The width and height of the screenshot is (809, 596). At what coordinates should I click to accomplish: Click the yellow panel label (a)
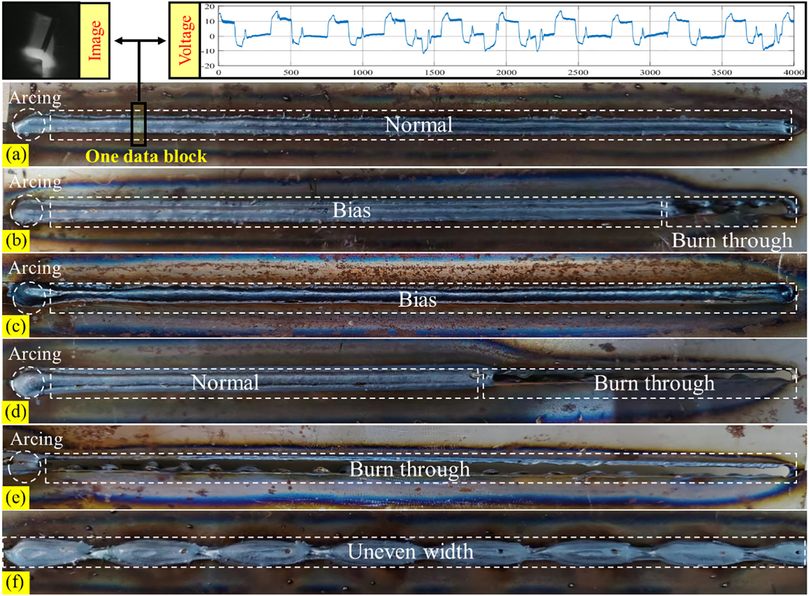(16, 155)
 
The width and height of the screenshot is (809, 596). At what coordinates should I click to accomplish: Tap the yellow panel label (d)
(16, 412)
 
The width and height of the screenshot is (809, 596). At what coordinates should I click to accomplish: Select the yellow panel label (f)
(16, 583)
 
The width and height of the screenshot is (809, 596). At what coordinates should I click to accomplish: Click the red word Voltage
(185, 40)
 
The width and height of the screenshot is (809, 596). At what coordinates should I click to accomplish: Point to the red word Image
(95, 40)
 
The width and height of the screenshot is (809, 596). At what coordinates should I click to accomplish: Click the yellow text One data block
(146, 156)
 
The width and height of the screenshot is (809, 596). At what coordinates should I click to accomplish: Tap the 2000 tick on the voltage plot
(506, 73)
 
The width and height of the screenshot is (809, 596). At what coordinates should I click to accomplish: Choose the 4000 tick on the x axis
(793, 73)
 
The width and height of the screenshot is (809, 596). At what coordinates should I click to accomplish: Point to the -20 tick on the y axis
(209, 66)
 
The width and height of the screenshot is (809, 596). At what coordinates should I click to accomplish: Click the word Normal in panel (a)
(419, 125)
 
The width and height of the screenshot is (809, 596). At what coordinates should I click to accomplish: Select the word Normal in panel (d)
(225, 383)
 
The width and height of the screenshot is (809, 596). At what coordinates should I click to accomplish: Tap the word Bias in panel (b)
(351, 211)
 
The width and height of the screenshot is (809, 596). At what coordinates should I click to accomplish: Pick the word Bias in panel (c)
(417, 300)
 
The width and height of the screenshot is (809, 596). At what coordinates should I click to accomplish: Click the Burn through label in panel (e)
(409, 469)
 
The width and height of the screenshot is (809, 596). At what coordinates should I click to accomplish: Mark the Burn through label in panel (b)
(732, 241)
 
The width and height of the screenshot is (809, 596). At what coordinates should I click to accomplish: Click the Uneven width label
(410, 552)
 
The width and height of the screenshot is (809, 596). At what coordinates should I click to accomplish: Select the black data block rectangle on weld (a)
(138, 124)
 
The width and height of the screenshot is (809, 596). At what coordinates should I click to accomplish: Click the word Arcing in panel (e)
(37, 439)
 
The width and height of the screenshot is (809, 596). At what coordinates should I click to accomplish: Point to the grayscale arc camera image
(41, 40)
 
